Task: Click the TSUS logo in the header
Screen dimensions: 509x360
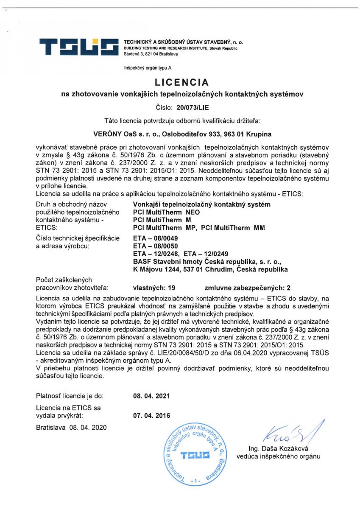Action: [79, 47]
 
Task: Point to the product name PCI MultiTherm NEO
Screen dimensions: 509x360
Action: [166, 212]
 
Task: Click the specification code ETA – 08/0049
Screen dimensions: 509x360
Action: [150, 238]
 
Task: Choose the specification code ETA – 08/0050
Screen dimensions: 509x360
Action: [150, 246]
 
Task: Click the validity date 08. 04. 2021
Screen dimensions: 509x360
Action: [151, 396]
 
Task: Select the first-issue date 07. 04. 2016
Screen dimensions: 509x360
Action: [151, 416]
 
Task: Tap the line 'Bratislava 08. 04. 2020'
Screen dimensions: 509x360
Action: [72, 428]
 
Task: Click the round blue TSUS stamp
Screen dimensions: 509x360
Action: [195, 454]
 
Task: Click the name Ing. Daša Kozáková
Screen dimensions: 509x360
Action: [278, 449]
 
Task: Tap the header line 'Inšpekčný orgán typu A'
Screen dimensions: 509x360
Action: [148, 68]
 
